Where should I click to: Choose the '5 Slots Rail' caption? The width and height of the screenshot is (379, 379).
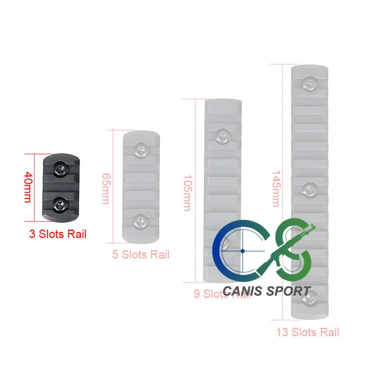141,254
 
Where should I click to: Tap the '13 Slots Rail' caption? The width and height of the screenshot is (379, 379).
308,332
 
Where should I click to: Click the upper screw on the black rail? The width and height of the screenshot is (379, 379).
60,168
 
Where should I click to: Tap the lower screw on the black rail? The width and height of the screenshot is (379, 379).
60,205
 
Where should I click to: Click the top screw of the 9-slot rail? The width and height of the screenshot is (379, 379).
221,136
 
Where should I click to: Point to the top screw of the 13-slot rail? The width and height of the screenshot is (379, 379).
308,84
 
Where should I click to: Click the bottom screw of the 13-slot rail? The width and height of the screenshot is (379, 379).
310,297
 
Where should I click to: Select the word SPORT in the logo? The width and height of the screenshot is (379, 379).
290,290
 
